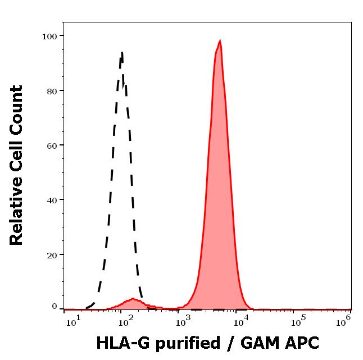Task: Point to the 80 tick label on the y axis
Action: coord(52,91)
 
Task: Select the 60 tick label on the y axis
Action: coord(52,145)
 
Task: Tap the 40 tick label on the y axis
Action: coord(52,200)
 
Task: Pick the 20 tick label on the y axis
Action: coord(52,254)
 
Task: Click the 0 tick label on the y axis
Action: coord(55,307)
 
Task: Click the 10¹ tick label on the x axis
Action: coord(71,320)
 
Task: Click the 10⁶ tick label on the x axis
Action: coord(344,320)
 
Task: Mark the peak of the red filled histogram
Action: coord(220,41)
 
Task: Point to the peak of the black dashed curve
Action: coord(121,53)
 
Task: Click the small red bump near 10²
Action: coord(133,300)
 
